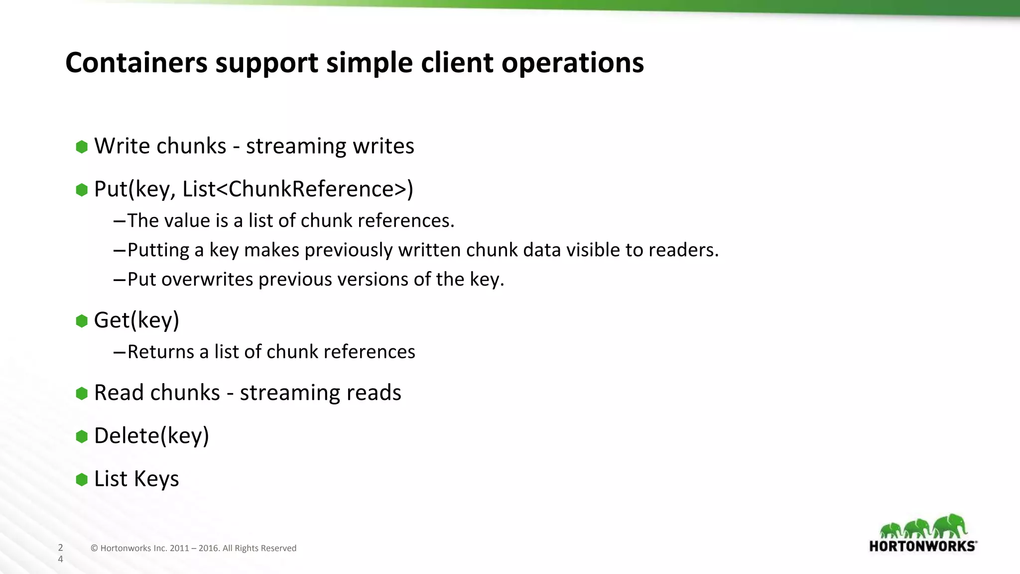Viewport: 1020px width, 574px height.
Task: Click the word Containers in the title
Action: pos(136,63)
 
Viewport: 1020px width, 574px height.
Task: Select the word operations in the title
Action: pos(572,64)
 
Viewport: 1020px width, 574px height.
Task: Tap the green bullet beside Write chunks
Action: pos(82,146)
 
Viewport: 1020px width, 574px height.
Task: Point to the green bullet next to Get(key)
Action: pos(82,321)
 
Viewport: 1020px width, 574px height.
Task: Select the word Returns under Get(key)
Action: pos(160,352)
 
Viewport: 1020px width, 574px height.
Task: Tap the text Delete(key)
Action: pos(151,436)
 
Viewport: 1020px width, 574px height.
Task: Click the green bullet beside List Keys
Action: pos(82,479)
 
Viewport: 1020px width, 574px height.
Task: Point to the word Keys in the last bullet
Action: pos(156,479)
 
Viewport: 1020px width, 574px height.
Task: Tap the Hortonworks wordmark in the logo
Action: pos(922,546)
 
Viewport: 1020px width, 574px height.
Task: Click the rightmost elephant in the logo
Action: pos(950,526)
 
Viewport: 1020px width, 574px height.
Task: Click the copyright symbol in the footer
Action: pos(94,549)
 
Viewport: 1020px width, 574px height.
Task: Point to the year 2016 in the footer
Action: pos(209,549)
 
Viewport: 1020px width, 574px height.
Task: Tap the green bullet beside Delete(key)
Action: pos(82,436)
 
